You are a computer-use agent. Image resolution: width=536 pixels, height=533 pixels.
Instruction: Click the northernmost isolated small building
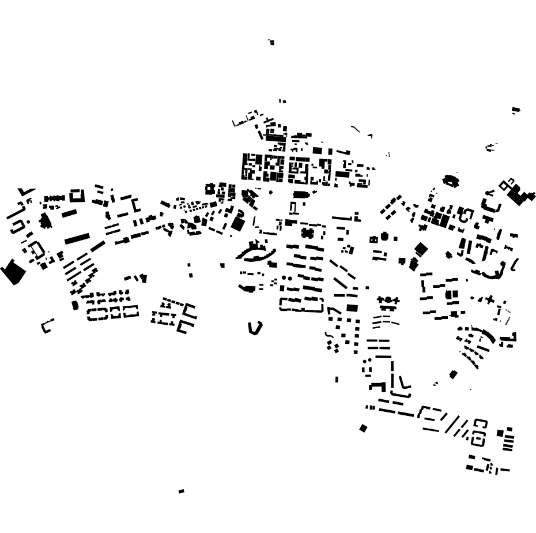tap(271, 42)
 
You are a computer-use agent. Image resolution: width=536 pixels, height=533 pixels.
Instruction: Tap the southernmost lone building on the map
tap(182, 491)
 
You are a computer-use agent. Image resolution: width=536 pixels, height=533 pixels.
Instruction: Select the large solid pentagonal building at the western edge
tap(12, 272)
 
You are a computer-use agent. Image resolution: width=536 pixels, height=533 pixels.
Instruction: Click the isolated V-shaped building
tap(254, 328)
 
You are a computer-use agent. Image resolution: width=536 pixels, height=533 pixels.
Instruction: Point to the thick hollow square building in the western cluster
tap(77, 196)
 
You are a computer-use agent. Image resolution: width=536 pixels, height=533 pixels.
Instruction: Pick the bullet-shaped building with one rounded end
tap(301, 195)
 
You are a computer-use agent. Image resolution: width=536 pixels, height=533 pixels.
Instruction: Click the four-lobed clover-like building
tap(307, 234)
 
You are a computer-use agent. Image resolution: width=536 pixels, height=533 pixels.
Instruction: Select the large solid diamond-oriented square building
tap(421, 249)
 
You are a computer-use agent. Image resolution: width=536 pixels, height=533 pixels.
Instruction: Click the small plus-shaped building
tap(490, 299)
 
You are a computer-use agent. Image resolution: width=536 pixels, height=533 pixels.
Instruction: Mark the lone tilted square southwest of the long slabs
tap(363, 428)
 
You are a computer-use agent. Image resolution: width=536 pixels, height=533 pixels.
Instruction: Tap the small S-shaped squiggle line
tap(329, 335)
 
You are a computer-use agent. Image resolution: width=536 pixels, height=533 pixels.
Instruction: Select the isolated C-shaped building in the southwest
tap(47, 326)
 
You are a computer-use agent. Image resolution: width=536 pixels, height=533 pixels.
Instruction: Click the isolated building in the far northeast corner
tap(516, 110)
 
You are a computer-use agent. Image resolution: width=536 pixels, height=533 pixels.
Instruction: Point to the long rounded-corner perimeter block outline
tap(301, 304)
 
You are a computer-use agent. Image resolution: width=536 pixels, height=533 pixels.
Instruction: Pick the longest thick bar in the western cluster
tap(77, 238)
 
